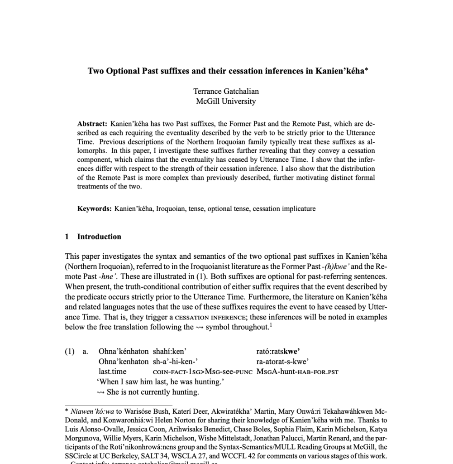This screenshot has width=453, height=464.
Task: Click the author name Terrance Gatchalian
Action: click(226, 91)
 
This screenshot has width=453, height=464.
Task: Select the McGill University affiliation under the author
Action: click(226, 101)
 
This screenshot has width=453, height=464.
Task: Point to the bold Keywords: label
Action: click(94, 209)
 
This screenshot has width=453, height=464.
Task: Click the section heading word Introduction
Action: click(99, 237)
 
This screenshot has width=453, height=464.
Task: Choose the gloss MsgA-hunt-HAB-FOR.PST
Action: click(297, 372)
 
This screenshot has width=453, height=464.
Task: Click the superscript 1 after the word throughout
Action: click(271, 324)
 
